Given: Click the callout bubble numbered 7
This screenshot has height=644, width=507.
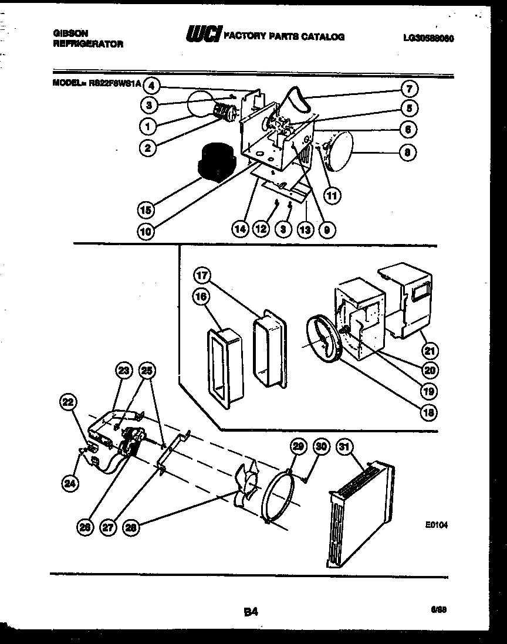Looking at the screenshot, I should click(409, 89).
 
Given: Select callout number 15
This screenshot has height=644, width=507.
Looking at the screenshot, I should click(143, 208).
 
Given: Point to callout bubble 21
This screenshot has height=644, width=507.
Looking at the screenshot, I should click(430, 351).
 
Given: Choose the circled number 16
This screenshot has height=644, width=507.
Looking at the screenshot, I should click(201, 297).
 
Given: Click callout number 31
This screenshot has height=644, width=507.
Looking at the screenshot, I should click(343, 447).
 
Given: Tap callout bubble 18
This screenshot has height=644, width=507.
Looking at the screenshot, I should click(430, 412).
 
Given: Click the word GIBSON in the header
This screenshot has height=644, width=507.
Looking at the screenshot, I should click(65, 35).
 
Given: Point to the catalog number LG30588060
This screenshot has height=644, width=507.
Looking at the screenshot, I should click(429, 38).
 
